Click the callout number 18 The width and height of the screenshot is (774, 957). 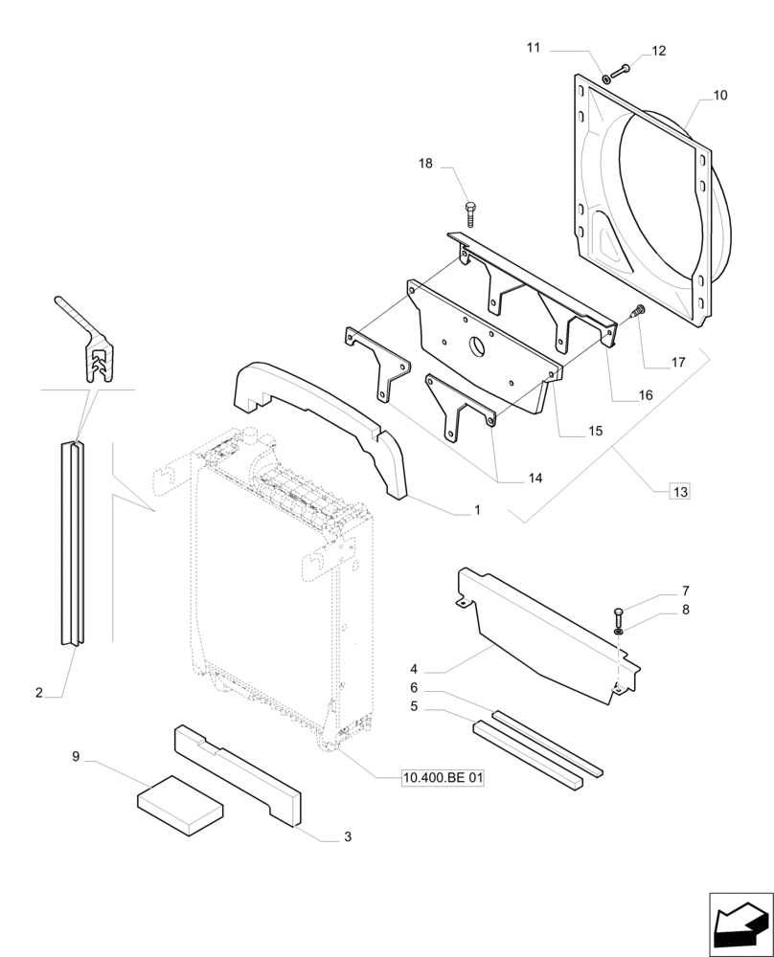(424, 164)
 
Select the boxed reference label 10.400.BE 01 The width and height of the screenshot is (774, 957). (444, 779)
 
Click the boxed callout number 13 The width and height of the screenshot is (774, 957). (679, 492)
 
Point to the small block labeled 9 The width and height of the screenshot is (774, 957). (181, 799)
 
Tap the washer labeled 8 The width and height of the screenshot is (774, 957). (620, 631)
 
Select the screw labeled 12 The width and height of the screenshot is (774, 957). (623, 67)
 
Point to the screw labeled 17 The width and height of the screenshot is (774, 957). (639, 310)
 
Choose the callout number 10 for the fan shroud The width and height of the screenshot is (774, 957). (719, 96)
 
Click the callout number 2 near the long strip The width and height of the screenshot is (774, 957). (39, 692)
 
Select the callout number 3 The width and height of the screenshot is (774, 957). (347, 837)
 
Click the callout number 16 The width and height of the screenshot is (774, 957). (645, 395)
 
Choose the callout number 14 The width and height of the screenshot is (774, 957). (534, 478)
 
